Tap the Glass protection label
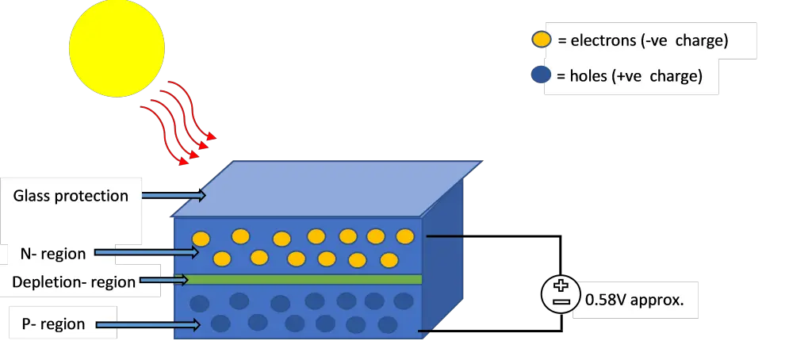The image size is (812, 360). click(71, 196)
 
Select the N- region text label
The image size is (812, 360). click(52, 254)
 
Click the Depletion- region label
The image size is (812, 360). click(74, 282)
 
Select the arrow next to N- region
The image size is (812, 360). click(146, 253)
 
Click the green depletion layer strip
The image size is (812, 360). click(301, 279)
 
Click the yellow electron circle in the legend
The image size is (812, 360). click(542, 40)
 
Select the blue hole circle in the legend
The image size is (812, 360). click(542, 76)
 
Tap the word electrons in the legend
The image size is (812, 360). click(603, 40)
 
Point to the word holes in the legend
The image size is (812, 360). click(588, 77)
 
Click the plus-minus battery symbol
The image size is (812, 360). click(561, 294)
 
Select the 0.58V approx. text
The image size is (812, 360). click(634, 301)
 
